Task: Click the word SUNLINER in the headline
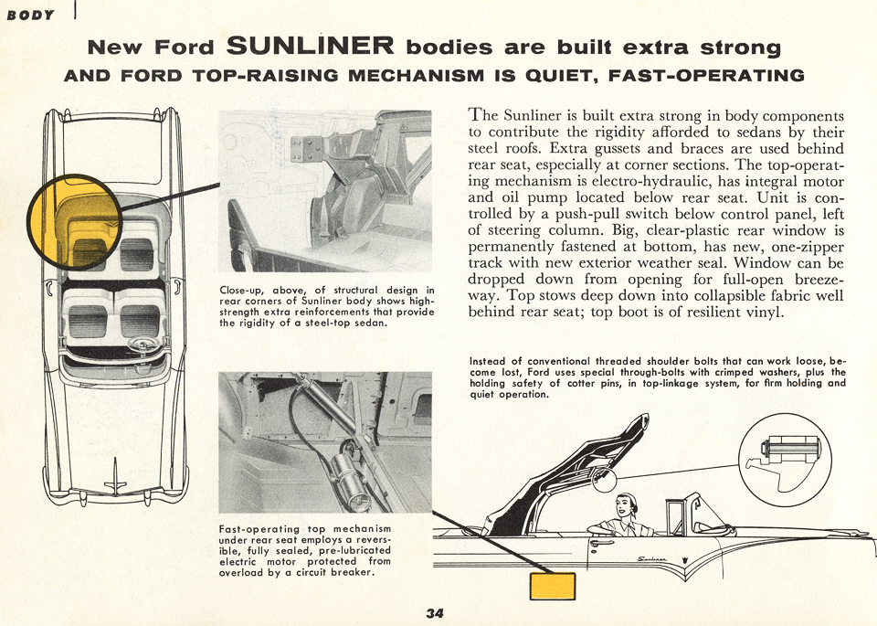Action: pyautogui.click(x=310, y=45)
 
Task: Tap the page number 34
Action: pyautogui.click(x=435, y=613)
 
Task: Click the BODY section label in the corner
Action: pyautogui.click(x=30, y=15)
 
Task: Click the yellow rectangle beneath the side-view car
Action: pyautogui.click(x=552, y=585)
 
